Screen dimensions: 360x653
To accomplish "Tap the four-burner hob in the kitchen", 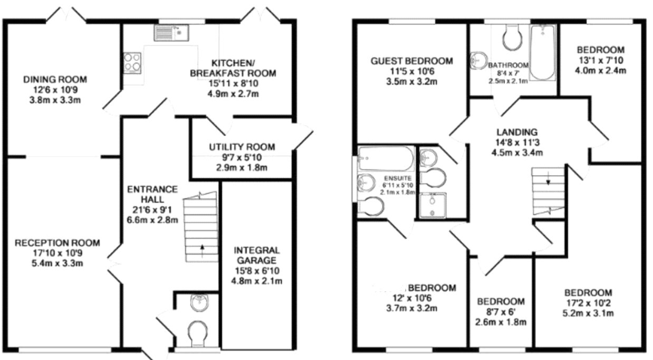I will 132,62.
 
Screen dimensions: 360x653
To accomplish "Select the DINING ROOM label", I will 55,80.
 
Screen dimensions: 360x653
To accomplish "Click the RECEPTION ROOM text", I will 57,243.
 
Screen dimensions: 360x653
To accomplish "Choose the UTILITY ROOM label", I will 241,147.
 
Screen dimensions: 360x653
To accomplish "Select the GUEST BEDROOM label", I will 411,61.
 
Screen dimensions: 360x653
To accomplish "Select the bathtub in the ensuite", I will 380,156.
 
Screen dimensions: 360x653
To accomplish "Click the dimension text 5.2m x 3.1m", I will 588,313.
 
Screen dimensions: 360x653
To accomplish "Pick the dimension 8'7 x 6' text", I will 501,312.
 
